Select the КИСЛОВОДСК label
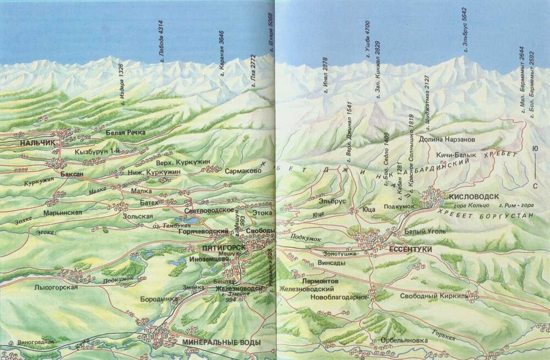pyautogui.click(x=474, y=197)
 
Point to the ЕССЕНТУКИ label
pyautogui.click(x=410, y=249)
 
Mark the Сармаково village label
pyautogui.click(x=243, y=171)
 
